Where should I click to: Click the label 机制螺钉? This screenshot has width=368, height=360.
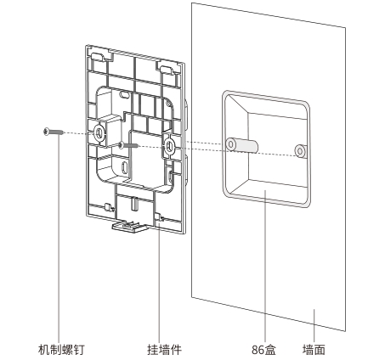(61, 350)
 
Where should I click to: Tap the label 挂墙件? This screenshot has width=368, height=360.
(164, 350)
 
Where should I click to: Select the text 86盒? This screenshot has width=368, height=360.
(263, 350)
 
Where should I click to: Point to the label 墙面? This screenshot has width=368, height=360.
(314, 350)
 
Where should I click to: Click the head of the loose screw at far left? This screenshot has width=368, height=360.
(47, 132)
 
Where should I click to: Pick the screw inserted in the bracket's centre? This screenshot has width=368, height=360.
(128, 145)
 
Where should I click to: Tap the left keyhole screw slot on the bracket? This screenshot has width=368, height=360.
(99, 132)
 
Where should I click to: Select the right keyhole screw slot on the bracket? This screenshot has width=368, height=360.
(169, 146)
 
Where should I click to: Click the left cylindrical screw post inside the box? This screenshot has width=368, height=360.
(241, 145)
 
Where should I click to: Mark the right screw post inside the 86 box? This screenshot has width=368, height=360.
(300, 150)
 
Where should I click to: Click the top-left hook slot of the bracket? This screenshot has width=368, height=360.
(99, 56)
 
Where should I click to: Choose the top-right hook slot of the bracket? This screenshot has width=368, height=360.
(166, 70)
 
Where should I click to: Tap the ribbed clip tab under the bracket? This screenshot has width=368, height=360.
(128, 227)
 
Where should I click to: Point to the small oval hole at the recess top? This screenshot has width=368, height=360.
(124, 95)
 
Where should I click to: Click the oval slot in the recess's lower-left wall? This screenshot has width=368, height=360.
(124, 167)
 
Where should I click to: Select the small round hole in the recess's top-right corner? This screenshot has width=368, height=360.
(168, 104)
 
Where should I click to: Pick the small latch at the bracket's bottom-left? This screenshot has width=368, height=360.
(108, 207)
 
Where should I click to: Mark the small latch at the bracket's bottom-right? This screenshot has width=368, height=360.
(159, 217)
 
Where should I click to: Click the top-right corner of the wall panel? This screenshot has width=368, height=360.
(345, 27)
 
